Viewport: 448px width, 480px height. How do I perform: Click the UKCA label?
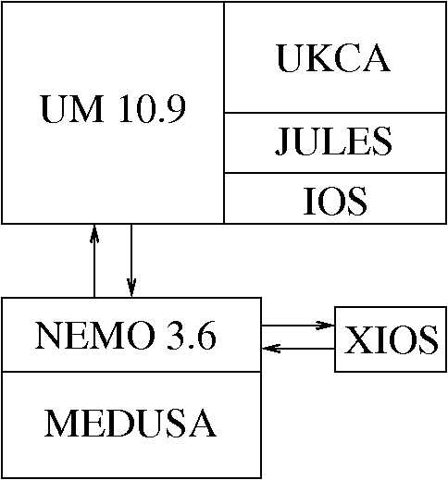[x=333, y=58]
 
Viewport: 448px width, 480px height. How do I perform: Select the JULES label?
[x=333, y=141]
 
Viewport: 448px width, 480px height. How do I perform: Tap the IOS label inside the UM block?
[x=335, y=201]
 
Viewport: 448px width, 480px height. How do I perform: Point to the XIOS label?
[x=391, y=339]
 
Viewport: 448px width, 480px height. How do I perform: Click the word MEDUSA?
[x=131, y=423]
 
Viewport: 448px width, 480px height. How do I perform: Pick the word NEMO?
[x=95, y=336]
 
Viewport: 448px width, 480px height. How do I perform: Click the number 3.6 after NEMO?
[x=192, y=336]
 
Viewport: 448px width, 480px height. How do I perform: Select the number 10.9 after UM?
[x=153, y=109]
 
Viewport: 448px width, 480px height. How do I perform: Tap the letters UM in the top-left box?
[x=72, y=109]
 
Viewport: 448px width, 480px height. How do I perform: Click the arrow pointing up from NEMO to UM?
[x=94, y=261]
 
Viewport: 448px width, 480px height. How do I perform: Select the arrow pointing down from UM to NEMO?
[x=131, y=261]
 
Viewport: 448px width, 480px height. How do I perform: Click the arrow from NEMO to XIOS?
[x=298, y=326]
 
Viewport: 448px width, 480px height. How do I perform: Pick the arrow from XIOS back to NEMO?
[x=298, y=349]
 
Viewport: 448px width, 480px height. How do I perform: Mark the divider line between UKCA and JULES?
[x=335, y=113]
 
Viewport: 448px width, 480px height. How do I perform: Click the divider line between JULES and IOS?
[x=335, y=173]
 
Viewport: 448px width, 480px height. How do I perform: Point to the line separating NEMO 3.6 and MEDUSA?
[x=131, y=372]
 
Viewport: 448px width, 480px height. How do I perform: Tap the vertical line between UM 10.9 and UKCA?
[x=224, y=113]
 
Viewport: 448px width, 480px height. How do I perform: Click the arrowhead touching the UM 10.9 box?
[x=94, y=234]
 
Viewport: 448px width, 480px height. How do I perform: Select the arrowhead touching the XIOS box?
[x=325, y=326]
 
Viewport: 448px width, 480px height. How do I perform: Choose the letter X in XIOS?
[x=355, y=339]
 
